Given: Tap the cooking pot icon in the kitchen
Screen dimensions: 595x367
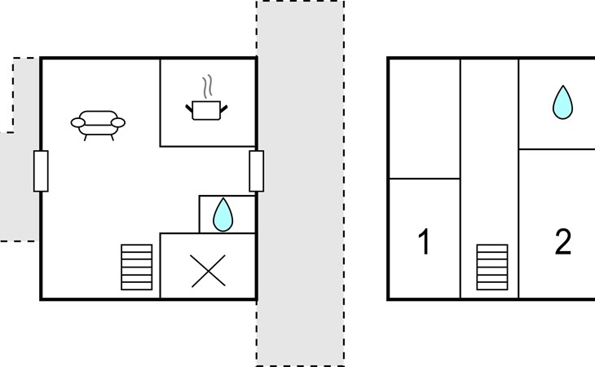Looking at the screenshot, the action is [x=206, y=110].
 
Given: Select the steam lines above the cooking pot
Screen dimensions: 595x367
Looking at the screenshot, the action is [x=207, y=86].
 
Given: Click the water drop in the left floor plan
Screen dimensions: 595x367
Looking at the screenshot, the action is [x=223, y=214].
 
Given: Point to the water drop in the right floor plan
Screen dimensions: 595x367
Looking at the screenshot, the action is [x=562, y=103].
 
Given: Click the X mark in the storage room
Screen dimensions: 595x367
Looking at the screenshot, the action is [x=209, y=271].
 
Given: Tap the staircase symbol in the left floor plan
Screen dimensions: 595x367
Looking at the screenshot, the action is [x=137, y=268].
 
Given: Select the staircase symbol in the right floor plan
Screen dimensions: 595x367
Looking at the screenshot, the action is [x=492, y=268].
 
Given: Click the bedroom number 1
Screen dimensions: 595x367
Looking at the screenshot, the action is [x=424, y=241].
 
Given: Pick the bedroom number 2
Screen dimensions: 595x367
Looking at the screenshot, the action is [x=563, y=241].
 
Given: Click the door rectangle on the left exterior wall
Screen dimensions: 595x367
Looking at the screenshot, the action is [x=41, y=171].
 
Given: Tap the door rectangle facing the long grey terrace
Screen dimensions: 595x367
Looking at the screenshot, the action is [x=257, y=171].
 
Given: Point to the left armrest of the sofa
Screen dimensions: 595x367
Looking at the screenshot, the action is [x=77, y=123].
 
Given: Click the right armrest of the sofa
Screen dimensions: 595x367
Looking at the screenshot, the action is [x=118, y=123].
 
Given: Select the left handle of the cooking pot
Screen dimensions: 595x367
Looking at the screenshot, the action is [x=189, y=108].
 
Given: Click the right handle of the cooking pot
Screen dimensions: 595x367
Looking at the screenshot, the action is [x=224, y=109].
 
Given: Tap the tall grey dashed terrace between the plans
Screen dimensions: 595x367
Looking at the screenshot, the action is [x=300, y=183].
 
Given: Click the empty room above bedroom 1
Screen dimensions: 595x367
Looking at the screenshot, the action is [x=425, y=118].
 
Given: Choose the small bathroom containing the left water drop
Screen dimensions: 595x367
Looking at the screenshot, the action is [x=227, y=214].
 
